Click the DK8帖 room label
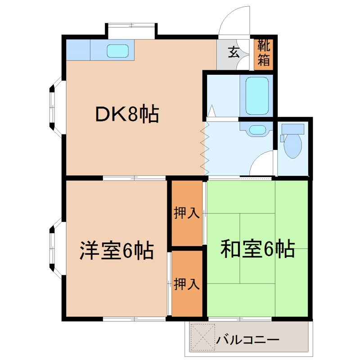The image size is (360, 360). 127,114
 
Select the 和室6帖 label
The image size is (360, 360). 257,248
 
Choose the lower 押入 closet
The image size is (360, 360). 187,283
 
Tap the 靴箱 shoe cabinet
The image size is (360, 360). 264,53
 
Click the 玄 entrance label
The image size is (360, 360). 233,53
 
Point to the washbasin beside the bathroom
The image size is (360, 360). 257,130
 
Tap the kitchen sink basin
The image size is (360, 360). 118,50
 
